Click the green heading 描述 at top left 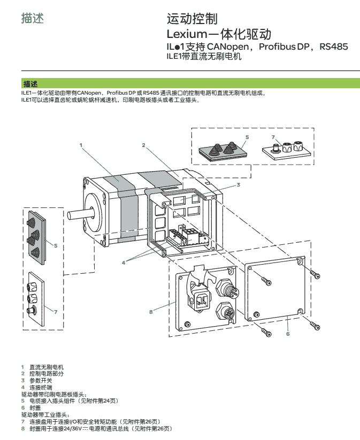[32, 18]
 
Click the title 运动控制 [193, 20]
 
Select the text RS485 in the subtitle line [333, 47]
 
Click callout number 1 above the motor [81, 144]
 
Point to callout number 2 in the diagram [144, 145]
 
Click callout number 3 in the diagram [238, 184]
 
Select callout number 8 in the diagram [151, 311]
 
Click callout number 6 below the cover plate [288, 334]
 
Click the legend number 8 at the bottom [22, 428]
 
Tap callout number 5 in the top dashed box [247, 137]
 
